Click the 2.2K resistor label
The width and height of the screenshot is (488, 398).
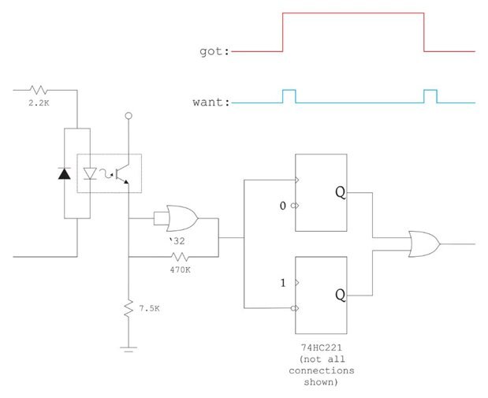[39, 102]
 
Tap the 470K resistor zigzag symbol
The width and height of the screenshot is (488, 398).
[180, 257]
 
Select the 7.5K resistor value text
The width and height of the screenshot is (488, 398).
[149, 308]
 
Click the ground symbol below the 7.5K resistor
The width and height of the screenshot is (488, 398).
[129, 349]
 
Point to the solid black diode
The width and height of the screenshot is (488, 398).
[65, 173]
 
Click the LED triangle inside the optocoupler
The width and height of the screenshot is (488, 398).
[90, 173]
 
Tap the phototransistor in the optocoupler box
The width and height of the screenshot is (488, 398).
[121, 174]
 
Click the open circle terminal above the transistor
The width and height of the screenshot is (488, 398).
[129, 116]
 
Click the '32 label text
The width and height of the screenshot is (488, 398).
[177, 241]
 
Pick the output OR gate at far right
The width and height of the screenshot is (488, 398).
[424, 244]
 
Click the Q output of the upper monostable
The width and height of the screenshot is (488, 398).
[340, 192]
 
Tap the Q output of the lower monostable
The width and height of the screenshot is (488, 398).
[340, 295]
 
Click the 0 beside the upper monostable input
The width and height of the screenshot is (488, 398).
[282, 206]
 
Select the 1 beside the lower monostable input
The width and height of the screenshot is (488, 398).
[283, 283]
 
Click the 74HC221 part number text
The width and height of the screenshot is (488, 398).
[321, 348]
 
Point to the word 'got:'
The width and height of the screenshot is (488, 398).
[214, 52]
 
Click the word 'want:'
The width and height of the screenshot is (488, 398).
[211, 102]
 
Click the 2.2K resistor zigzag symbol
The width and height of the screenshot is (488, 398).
[39, 90]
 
